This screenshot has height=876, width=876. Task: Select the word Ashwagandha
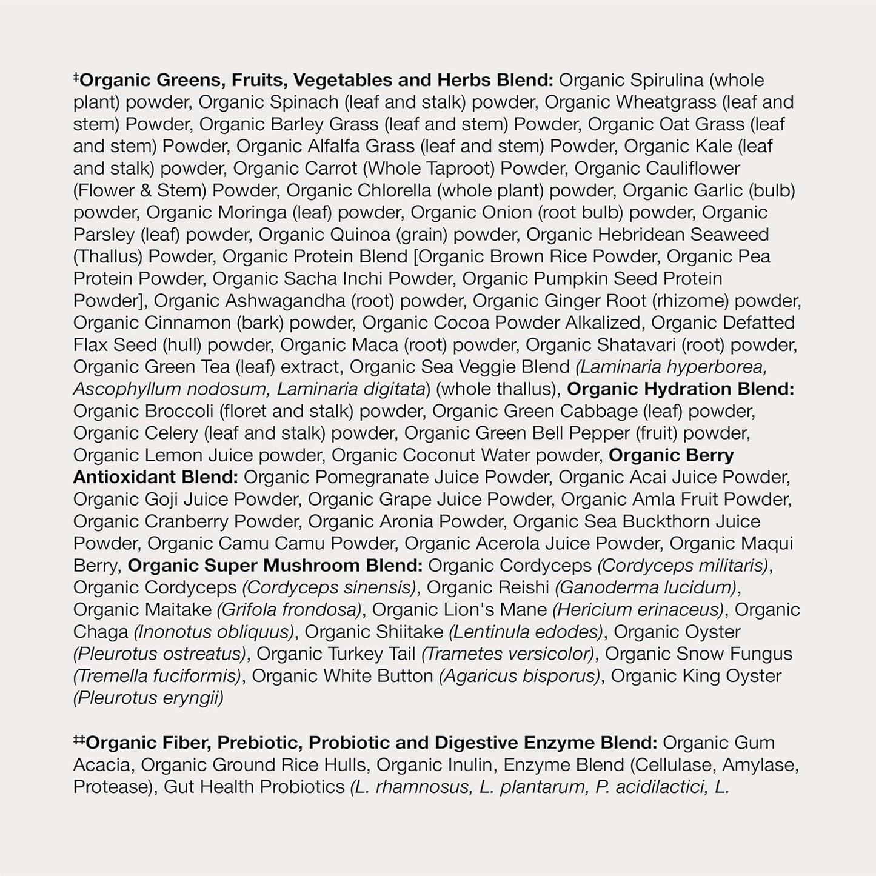[x=309, y=301]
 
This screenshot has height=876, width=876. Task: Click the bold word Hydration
[x=687, y=389]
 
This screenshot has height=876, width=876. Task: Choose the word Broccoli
[x=179, y=411]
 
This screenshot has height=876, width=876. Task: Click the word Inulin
[x=470, y=764]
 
